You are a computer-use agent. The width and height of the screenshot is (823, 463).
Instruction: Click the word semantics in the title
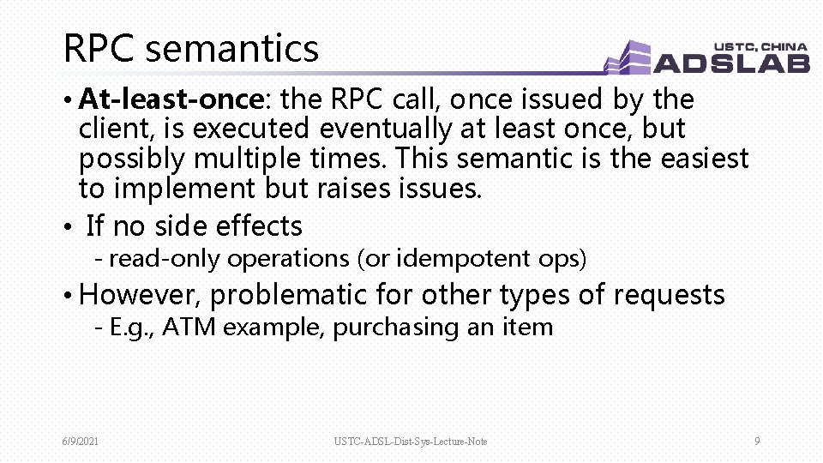click(x=231, y=49)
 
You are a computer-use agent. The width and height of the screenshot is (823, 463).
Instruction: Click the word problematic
click(x=287, y=296)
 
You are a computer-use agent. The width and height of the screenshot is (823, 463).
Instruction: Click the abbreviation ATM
click(x=182, y=327)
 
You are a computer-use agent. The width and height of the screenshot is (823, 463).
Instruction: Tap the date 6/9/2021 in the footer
click(x=81, y=442)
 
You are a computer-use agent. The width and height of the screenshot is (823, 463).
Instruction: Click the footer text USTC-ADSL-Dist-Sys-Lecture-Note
click(x=411, y=442)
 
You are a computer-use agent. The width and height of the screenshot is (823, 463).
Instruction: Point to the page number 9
click(x=757, y=442)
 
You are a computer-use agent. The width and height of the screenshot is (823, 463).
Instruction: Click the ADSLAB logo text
click(x=730, y=63)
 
